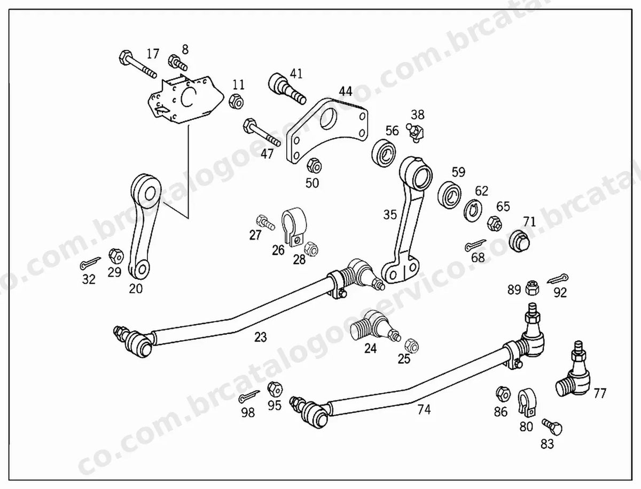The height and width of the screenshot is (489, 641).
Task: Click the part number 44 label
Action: click(346, 91)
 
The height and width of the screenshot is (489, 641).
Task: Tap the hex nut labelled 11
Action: click(237, 101)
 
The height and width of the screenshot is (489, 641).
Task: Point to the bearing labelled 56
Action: click(384, 153)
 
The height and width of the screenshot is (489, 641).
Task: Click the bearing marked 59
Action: click(450, 195)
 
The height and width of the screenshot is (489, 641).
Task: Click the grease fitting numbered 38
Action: click(415, 133)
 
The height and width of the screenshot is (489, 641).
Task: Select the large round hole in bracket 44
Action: click(330, 119)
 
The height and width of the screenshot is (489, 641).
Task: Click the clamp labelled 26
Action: click(294, 227)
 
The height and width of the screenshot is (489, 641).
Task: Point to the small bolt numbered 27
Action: click(265, 223)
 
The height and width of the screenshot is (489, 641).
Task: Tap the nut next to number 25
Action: click(412, 346)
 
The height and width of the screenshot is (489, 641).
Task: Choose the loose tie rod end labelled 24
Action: click(376, 327)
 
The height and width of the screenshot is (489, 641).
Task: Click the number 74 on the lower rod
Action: click(424, 410)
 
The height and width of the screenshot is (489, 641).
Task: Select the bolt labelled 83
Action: click(552, 427)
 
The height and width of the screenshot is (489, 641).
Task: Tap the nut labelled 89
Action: click(532, 288)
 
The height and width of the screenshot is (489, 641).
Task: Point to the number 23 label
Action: click(261, 337)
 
